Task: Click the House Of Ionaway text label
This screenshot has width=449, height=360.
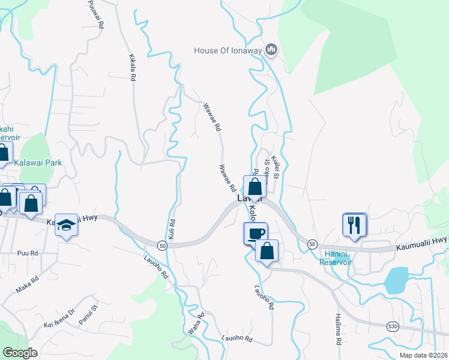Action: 228,50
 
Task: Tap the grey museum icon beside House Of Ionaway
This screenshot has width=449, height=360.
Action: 271,50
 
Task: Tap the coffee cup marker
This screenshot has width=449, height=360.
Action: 255,233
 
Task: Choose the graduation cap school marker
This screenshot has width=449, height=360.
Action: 67,225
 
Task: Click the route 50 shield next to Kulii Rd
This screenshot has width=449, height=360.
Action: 162,245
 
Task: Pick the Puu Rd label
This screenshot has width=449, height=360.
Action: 28,253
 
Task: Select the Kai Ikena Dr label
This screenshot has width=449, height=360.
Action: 59,319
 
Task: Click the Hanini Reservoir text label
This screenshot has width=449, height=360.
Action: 335,257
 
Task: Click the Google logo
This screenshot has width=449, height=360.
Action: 20,353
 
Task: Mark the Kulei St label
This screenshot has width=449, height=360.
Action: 276,167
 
